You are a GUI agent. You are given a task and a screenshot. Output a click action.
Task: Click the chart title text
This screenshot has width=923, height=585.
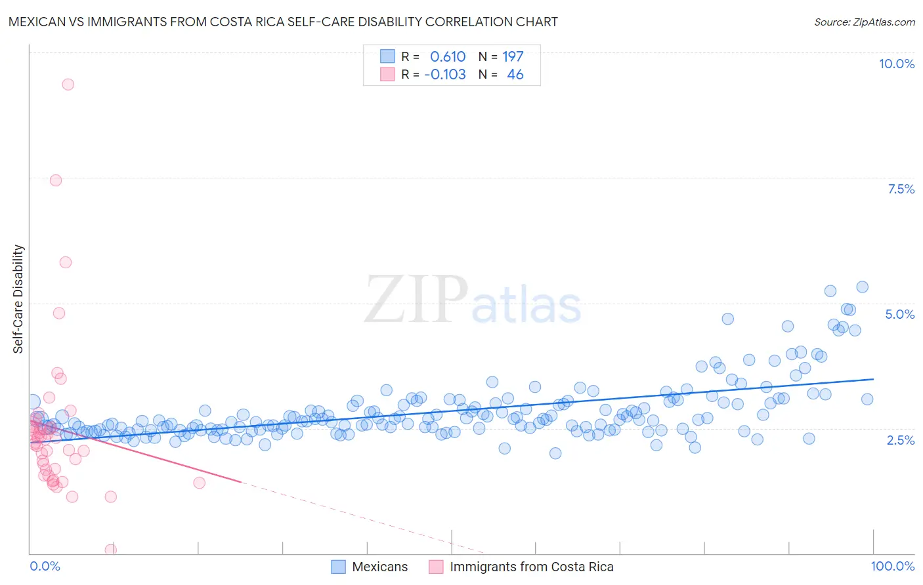click(x=283, y=22)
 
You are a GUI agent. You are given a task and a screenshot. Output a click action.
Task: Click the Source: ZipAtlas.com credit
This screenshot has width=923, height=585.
click(x=864, y=22)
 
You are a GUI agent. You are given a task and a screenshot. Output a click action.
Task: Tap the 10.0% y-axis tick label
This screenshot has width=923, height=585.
click(x=896, y=64)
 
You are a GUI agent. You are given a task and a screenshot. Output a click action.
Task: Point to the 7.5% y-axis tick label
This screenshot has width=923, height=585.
click(x=901, y=189)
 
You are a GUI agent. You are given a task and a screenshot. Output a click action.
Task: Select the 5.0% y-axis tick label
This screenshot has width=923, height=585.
click(x=899, y=314)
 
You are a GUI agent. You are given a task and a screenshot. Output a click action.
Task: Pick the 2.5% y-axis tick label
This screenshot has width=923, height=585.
click(x=900, y=440)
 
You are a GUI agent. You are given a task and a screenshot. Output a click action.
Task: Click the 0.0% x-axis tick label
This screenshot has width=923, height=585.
click(x=45, y=566)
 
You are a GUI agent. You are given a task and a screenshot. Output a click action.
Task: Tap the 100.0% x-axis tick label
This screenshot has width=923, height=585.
click(x=892, y=566)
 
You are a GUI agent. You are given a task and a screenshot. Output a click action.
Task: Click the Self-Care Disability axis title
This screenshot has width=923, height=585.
click(x=18, y=299)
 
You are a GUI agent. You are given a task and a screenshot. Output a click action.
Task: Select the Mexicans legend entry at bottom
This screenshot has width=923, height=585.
click(x=370, y=567)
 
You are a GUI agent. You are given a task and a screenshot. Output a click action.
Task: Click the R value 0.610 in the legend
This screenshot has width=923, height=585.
click(x=448, y=56)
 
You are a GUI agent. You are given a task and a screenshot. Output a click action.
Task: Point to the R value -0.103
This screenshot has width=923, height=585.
click(x=445, y=74)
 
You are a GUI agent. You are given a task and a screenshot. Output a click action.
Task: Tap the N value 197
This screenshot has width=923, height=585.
click(x=513, y=56)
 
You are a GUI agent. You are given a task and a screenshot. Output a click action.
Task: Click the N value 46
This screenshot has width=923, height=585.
click(x=515, y=74)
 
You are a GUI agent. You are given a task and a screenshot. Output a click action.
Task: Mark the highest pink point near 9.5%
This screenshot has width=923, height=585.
click(x=68, y=84)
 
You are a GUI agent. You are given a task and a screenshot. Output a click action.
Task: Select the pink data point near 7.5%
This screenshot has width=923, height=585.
click(x=56, y=180)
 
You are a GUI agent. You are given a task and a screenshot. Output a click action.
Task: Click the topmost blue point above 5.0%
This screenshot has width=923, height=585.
click(x=862, y=287)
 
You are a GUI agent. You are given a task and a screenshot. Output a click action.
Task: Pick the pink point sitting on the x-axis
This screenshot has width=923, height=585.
click(x=111, y=550)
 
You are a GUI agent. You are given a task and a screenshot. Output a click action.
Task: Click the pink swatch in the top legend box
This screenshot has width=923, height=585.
click(x=387, y=74)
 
